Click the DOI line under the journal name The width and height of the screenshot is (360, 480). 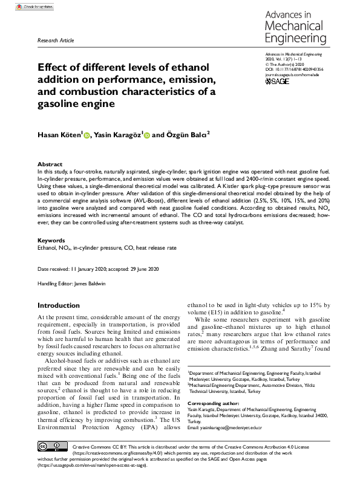click(294, 70)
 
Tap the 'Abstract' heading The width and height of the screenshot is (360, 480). click(50, 164)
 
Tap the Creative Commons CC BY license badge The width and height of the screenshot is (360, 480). click(50, 449)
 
